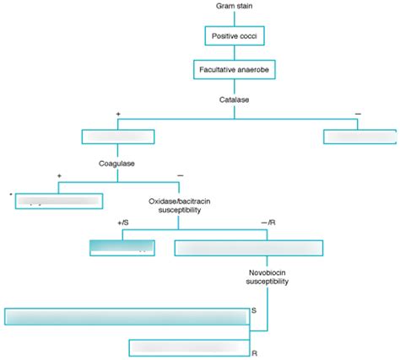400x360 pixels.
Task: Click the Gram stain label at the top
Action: pyautogui.click(x=235, y=7)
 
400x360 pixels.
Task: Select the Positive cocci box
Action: pyautogui.click(x=235, y=36)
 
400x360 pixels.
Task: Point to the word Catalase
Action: pyautogui.click(x=235, y=99)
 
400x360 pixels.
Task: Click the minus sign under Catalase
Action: pyautogui.click(x=358, y=114)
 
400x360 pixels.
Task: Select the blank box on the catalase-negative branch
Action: pyautogui.click(x=359, y=137)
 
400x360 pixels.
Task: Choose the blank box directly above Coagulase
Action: pyautogui.click(x=117, y=137)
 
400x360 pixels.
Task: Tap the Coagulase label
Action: pyautogui.click(x=117, y=162)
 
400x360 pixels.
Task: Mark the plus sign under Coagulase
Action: pyautogui.click(x=59, y=175)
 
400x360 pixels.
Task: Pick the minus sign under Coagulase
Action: pyautogui.click(x=180, y=175)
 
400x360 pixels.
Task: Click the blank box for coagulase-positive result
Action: pyautogui.click(x=59, y=201)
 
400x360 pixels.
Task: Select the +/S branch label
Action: pyautogui.click(x=124, y=223)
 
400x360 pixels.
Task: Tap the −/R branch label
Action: pyautogui.click(x=268, y=223)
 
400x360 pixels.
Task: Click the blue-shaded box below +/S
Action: pyautogui.click(x=122, y=247)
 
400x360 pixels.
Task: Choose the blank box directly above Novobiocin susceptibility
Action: pyautogui.click(x=248, y=247)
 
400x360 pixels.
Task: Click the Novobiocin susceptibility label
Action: pyautogui.click(x=268, y=277)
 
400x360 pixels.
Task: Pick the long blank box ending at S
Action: pyautogui.click(x=127, y=316)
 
